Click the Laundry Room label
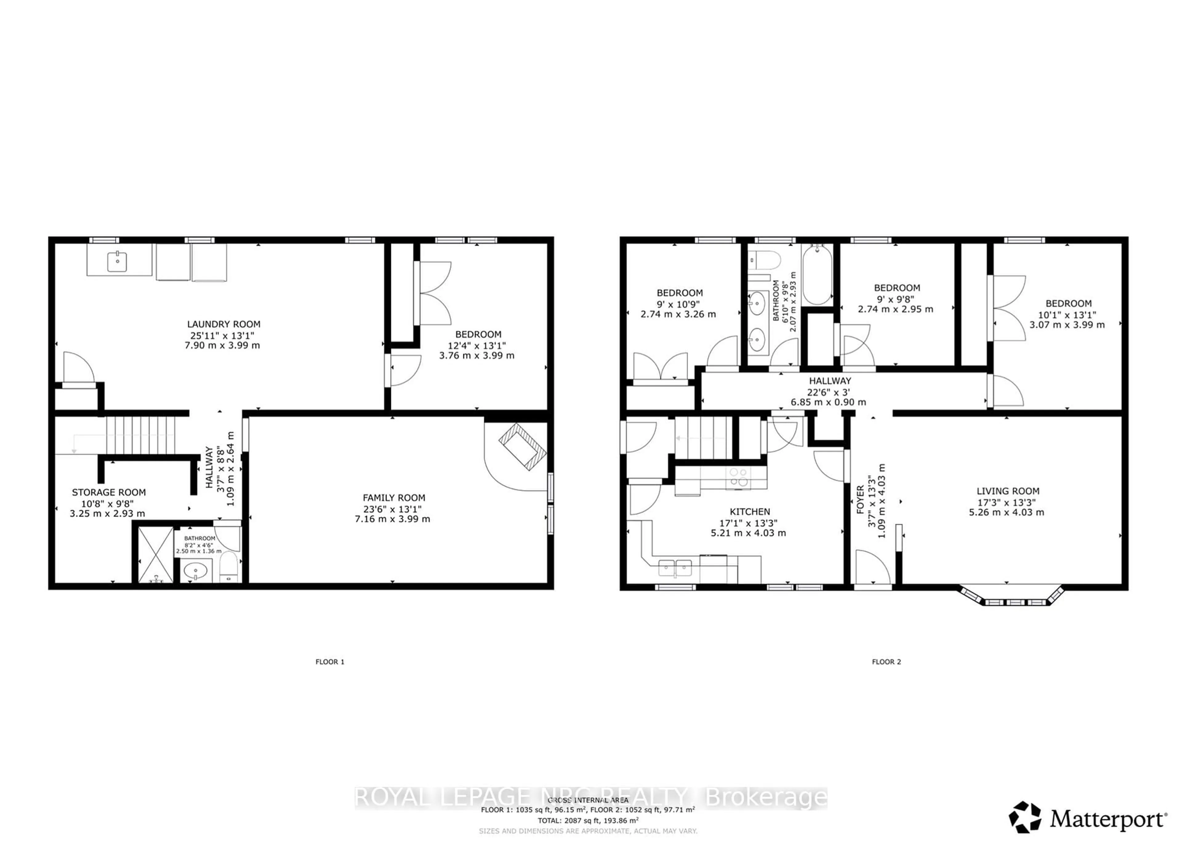point(224,324)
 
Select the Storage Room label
point(109,493)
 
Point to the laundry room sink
point(118,262)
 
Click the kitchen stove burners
point(738,477)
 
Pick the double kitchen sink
point(675,568)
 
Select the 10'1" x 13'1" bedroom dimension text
point(1067,314)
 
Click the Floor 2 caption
point(886,662)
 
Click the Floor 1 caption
point(330,662)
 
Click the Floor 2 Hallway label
point(830,380)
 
